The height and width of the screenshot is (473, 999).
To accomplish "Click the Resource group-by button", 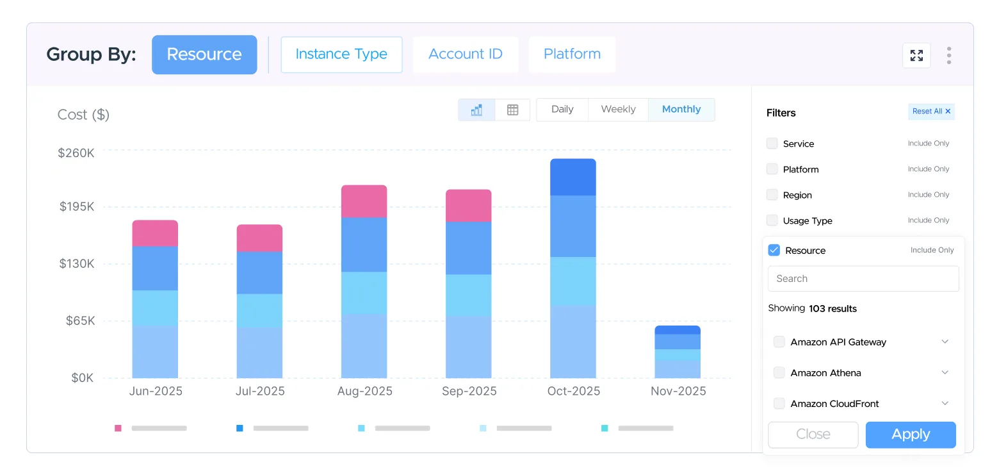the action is pos(204,54).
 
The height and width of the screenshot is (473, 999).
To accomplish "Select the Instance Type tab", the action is pos(341,54).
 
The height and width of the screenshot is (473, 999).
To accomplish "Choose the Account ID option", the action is pos(465,54).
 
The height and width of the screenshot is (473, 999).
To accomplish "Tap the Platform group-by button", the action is pos(572,54).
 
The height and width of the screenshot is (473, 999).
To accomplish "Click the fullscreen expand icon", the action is pos(916,55).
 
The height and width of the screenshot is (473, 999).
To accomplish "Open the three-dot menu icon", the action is pos(949,55).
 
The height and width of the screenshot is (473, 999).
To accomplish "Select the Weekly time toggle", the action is pos(618,110).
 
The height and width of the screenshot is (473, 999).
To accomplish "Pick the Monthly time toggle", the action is pos(681,110).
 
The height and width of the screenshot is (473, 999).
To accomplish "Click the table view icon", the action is pos(512,110).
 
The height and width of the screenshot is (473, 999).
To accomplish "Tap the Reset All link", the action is pos(931,111).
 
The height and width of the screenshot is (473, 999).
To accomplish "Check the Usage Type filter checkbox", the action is pos(772,220).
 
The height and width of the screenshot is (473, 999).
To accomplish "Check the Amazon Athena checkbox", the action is pos(779,372).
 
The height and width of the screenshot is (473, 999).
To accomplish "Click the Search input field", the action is pos(863,278).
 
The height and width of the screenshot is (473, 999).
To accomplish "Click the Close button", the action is pos(813,434).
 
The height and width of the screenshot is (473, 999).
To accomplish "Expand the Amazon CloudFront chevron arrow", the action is pos(945,403).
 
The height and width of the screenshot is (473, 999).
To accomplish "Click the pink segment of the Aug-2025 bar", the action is pos(364,201).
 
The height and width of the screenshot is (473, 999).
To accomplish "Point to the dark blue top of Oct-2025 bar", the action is pos(573,177).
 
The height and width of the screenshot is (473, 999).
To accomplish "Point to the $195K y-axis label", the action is pos(77,206).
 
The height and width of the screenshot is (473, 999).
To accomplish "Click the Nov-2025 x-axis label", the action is pos(678,391).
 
